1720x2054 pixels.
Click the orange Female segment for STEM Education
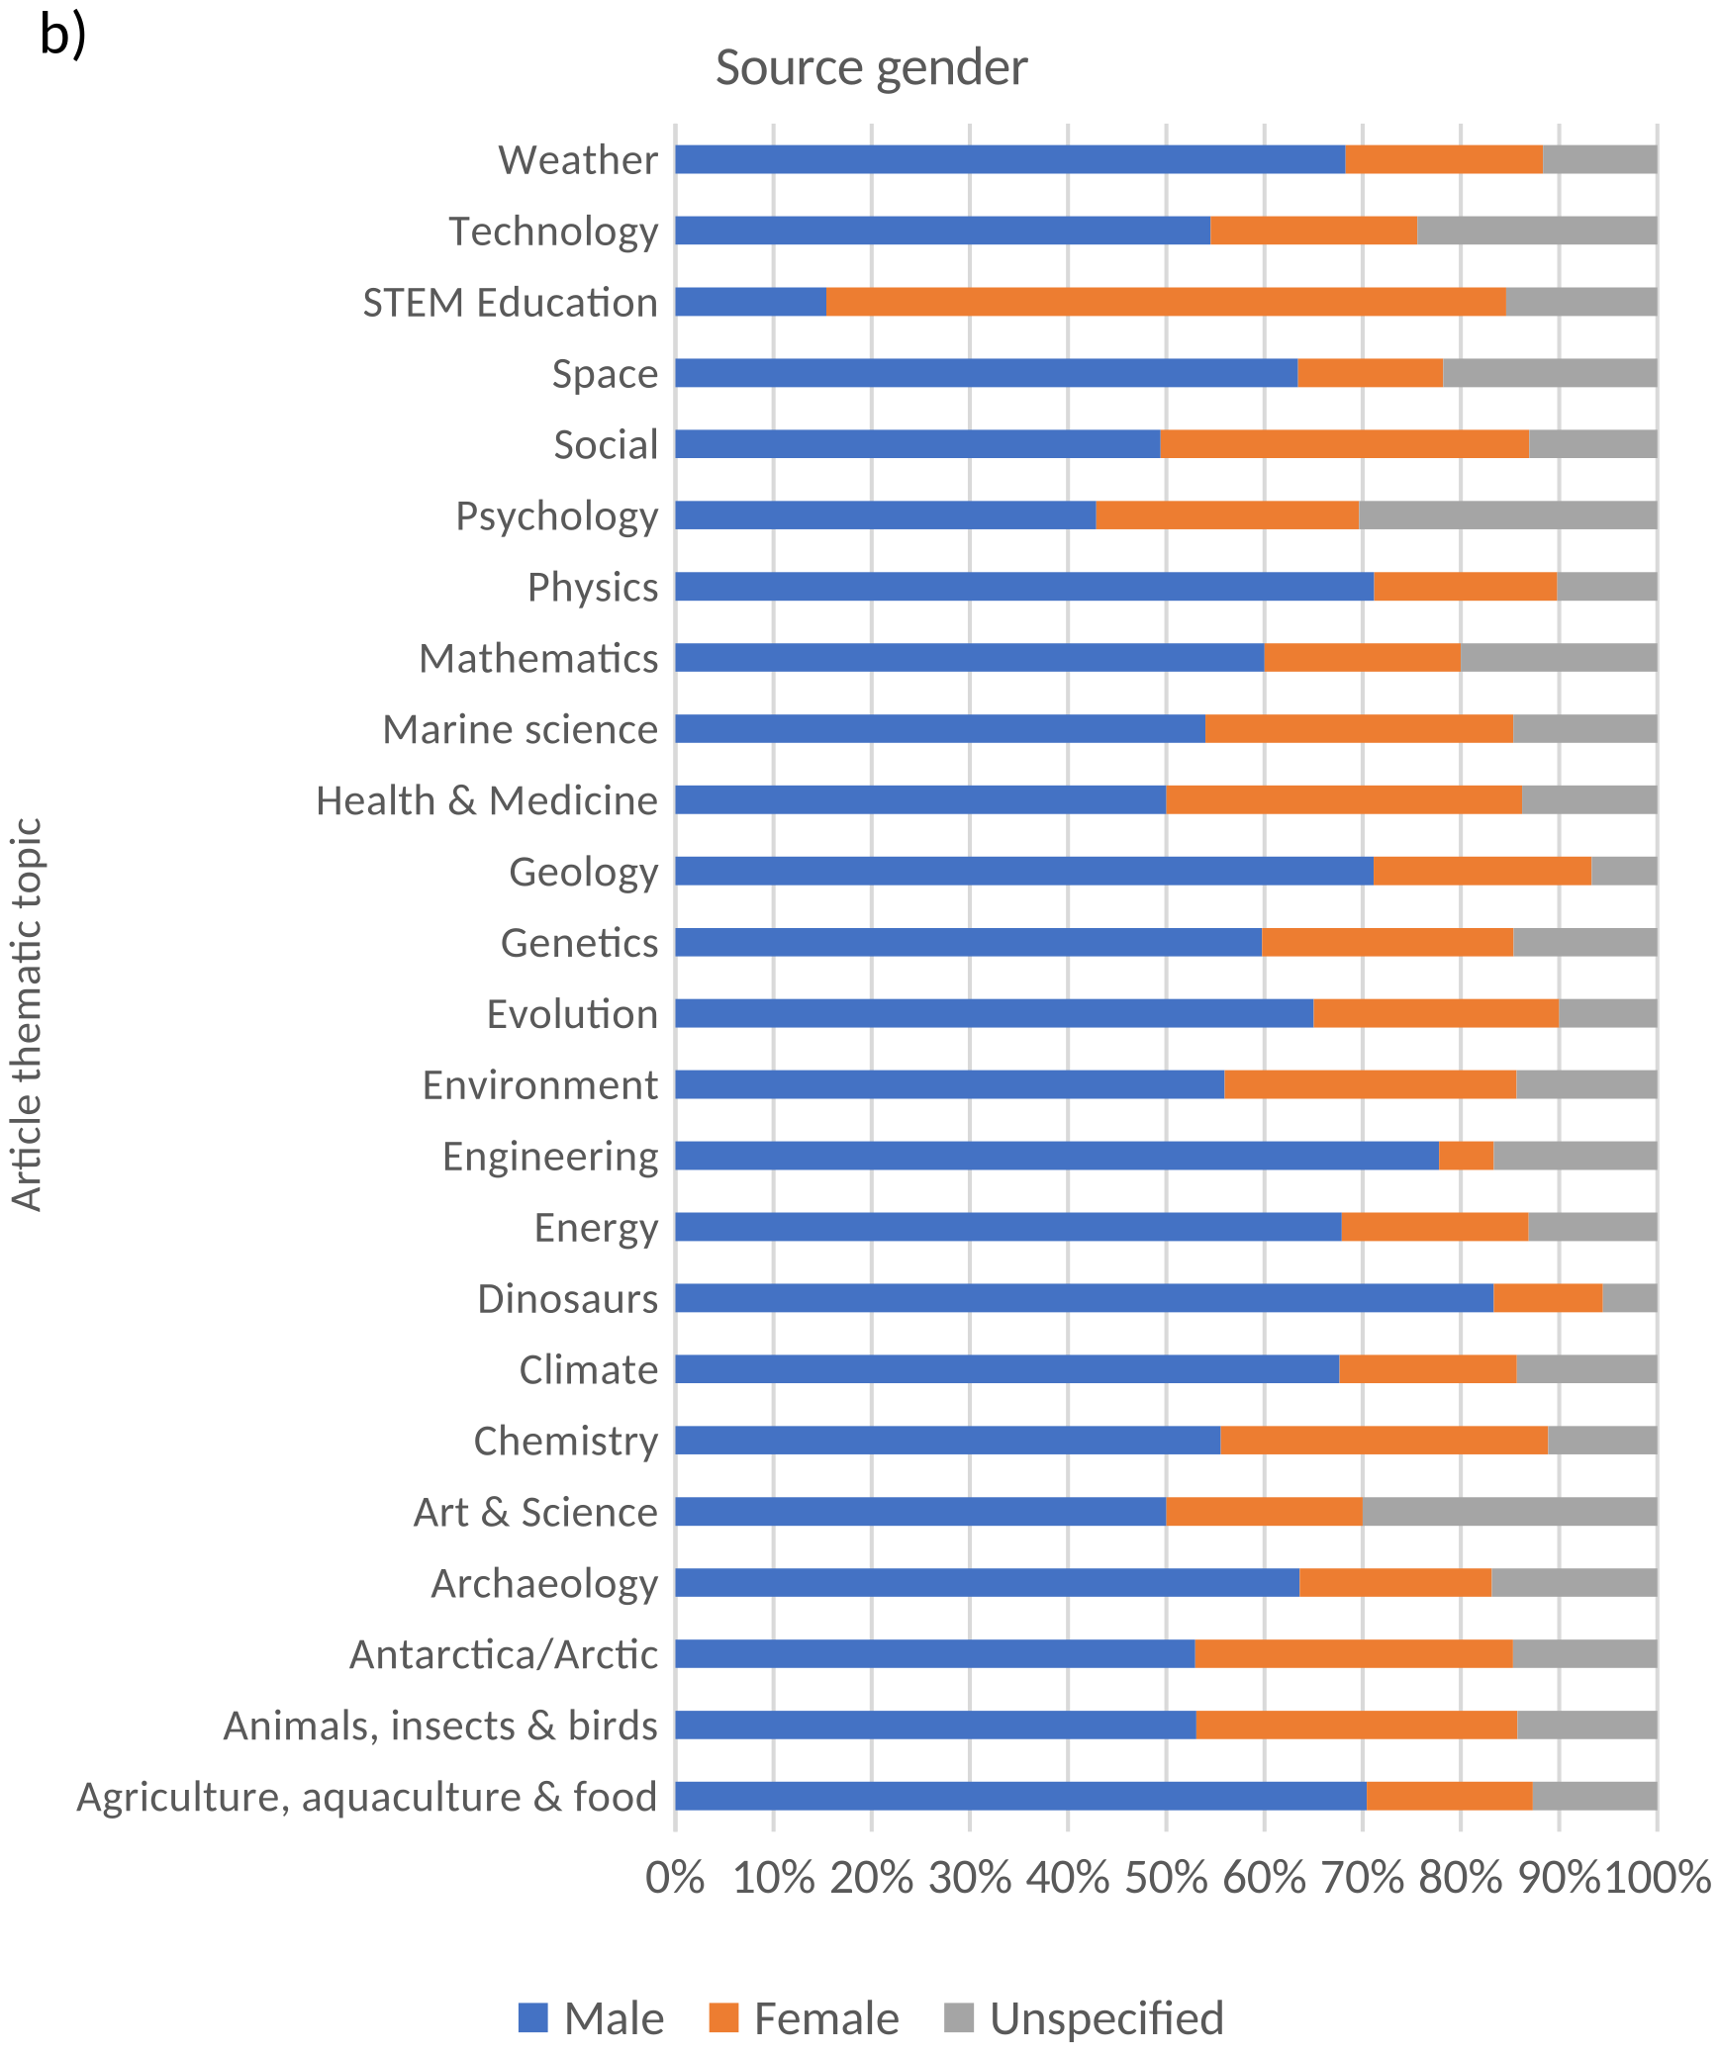click(x=1166, y=302)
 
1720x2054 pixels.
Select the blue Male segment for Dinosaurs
click(x=1084, y=1298)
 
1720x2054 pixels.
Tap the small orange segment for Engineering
click(x=1466, y=1156)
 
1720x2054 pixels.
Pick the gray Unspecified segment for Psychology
click(x=1507, y=515)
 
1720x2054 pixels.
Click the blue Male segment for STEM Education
click(x=750, y=302)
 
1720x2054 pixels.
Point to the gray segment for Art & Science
click(x=1509, y=1512)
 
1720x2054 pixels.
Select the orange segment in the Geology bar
click(x=1481, y=872)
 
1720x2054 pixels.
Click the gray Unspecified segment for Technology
click(x=1536, y=231)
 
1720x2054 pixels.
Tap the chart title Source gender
click(x=871, y=67)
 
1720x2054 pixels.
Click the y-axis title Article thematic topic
click(x=27, y=1013)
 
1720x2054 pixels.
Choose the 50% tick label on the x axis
click(x=1166, y=1877)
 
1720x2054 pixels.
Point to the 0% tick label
click(x=675, y=1877)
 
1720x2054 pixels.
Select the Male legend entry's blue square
click(x=532, y=2017)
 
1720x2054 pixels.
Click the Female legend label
click(x=826, y=2018)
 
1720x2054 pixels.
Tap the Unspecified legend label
click(x=1106, y=2018)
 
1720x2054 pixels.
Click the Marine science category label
click(x=520, y=729)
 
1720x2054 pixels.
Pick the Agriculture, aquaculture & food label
click(x=366, y=1797)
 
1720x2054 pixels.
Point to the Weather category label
click(x=578, y=159)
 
